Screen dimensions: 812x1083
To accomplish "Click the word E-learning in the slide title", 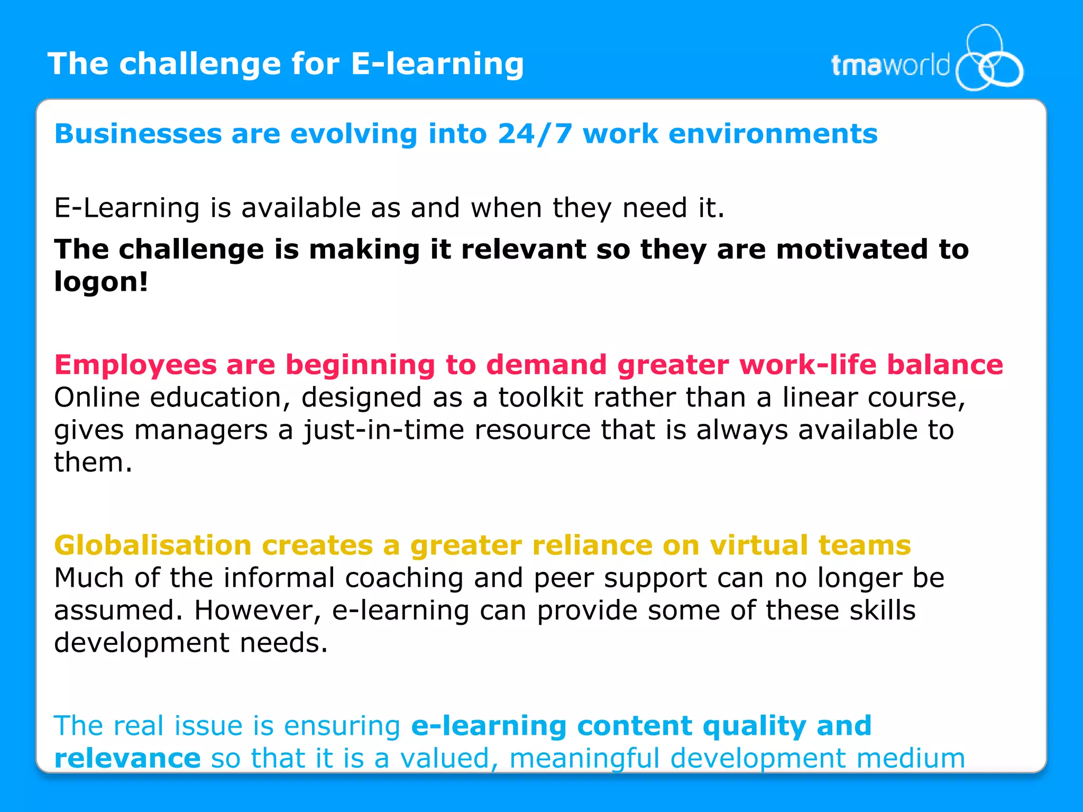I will (x=437, y=64).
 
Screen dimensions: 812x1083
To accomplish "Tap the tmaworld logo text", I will (x=890, y=66).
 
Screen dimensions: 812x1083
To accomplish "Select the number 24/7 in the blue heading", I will (x=535, y=134).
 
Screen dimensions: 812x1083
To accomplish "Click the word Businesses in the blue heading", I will (x=138, y=134).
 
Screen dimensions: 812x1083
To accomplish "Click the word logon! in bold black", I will (x=101, y=282).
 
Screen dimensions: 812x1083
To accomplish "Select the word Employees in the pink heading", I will (x=135, y=365).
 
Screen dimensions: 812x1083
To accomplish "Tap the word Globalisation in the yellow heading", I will (x=153, y=546).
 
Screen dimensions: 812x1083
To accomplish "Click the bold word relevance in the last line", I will (x=127, y=759).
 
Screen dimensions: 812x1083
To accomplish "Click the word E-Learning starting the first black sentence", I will (x=127, y=208).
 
